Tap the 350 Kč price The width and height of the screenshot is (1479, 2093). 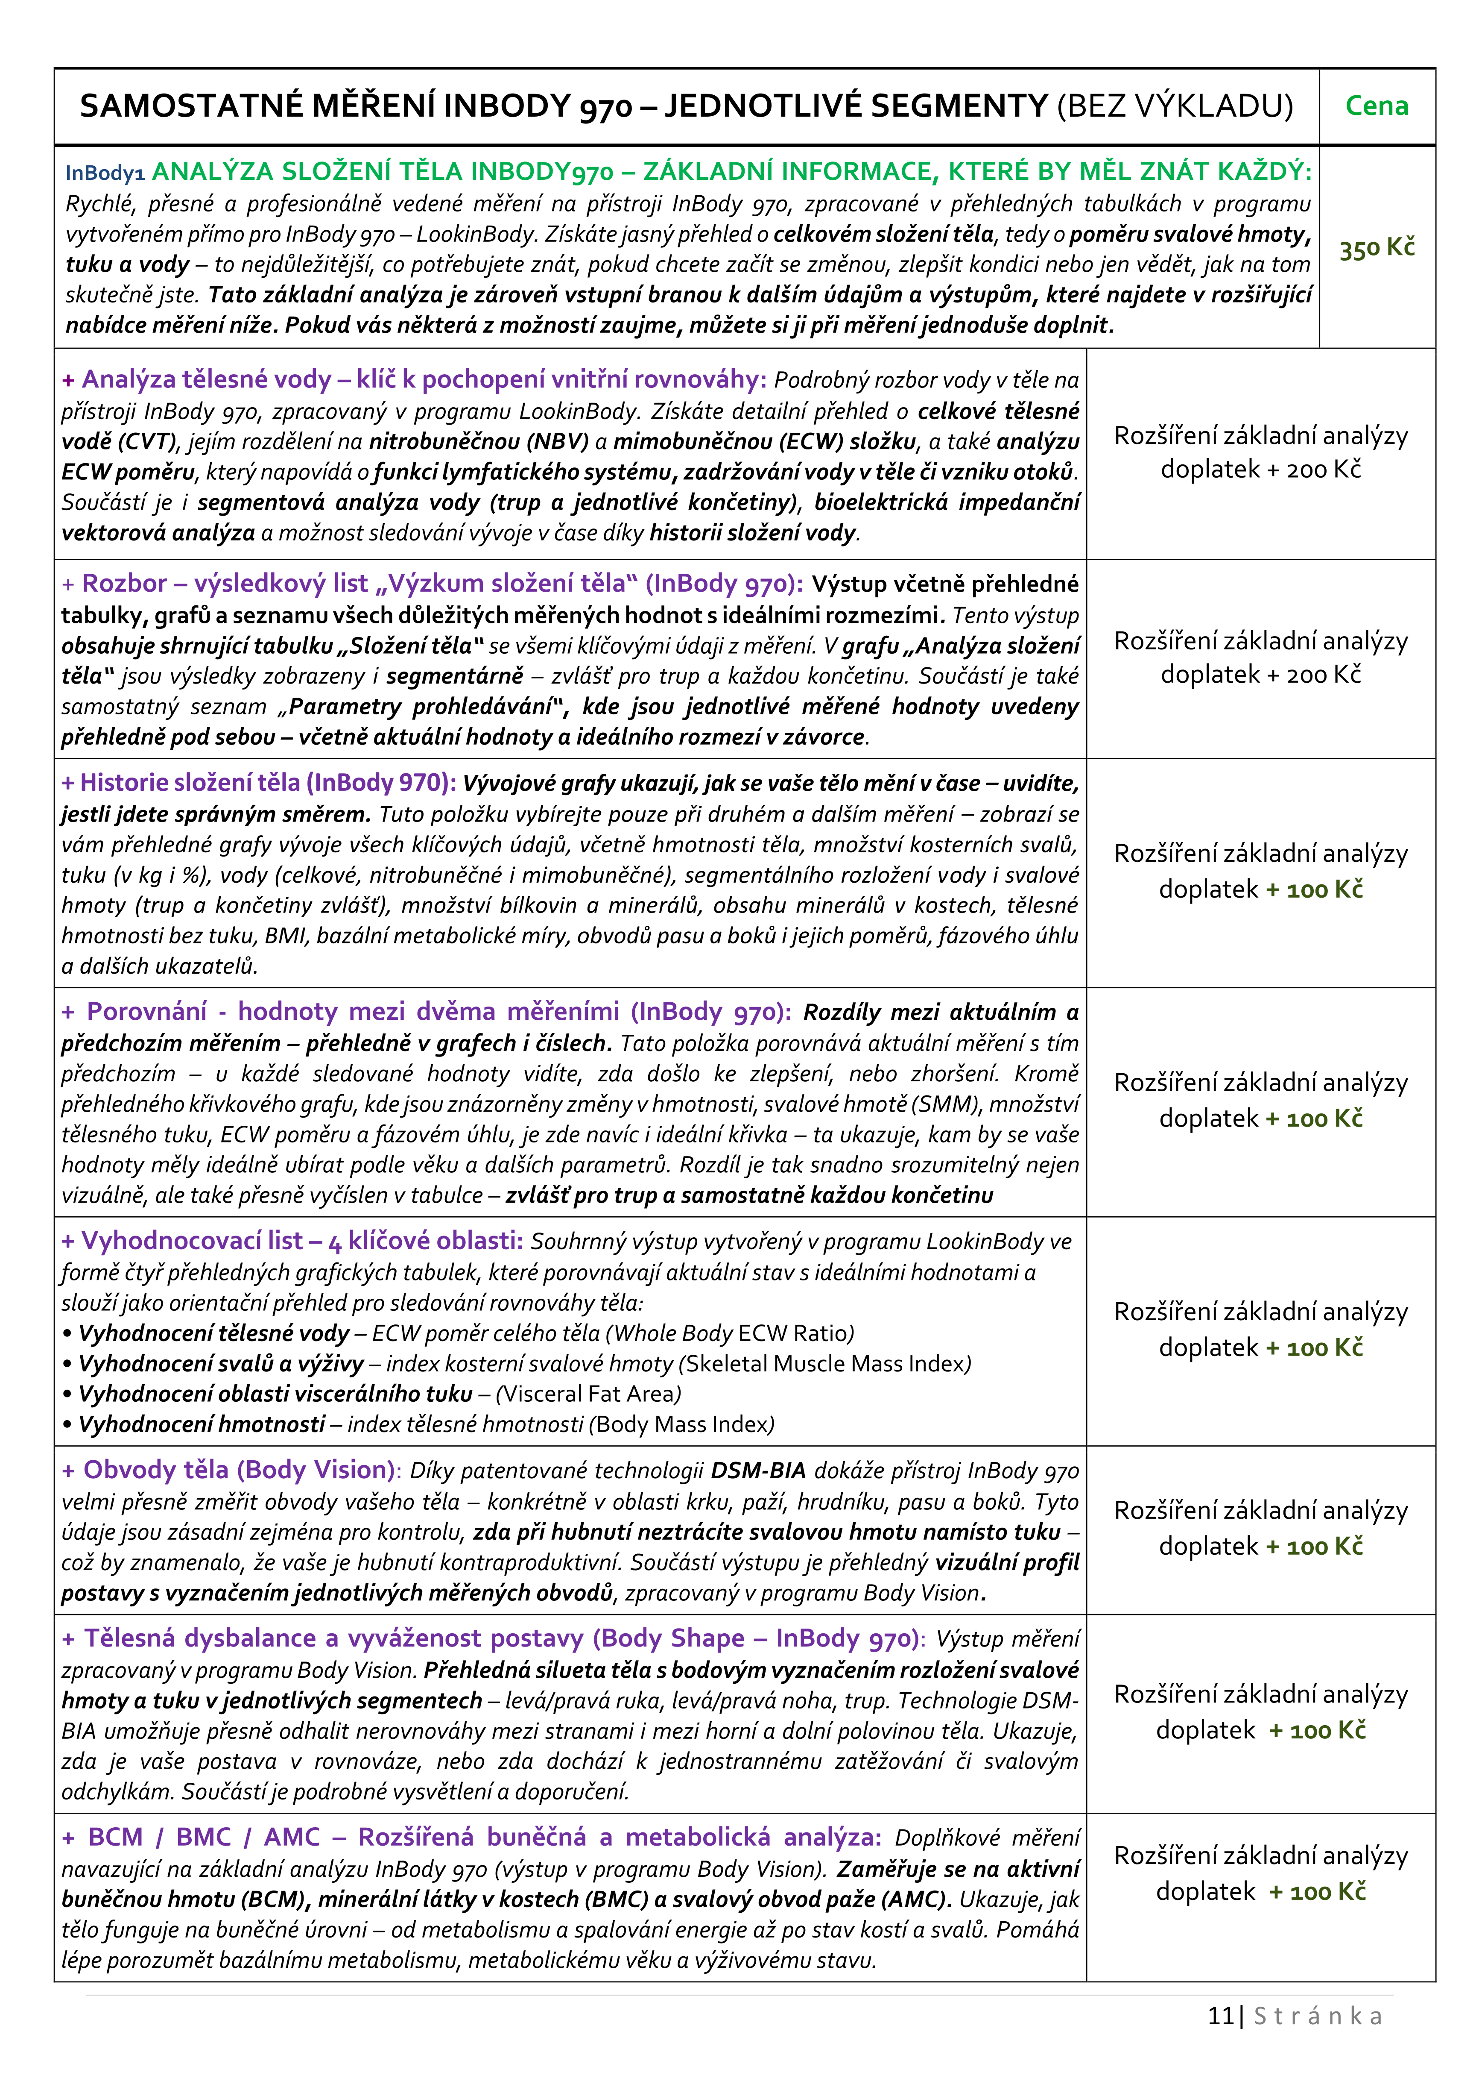(1376, 247)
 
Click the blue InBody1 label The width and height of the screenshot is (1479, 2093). (105, 173)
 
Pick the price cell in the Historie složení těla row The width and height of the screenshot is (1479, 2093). (1260, 872)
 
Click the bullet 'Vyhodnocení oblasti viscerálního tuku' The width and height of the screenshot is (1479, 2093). (275, 1394)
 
